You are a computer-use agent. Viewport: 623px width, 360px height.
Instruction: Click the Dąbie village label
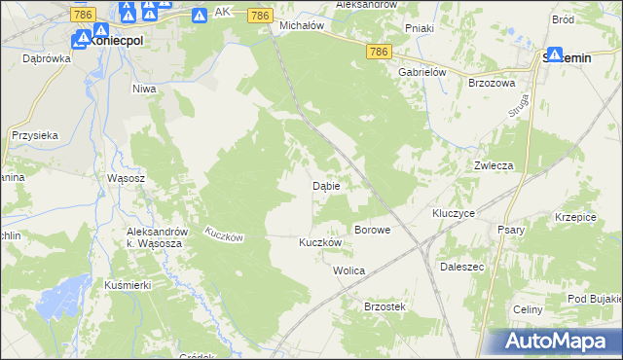click(x=325, y=185)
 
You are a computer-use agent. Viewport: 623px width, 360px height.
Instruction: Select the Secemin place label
click(x=565, y=59)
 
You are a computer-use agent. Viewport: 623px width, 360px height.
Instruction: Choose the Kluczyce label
click(x=453, y=212)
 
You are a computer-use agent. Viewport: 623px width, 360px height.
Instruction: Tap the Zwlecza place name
click(x=494, y=165)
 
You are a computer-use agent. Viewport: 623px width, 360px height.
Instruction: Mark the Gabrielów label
click(x=421, y=72)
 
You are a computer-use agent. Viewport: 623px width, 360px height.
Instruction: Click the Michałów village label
click(x=301, y=25)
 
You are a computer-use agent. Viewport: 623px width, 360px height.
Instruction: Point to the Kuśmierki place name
click(x=126, y=286)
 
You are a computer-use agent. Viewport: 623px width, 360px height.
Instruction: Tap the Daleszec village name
click(x=462, y=266)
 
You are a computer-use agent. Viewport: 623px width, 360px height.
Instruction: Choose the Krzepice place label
click(x=574, y=217)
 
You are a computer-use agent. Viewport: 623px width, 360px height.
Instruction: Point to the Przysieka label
click(x=36, y=136)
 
